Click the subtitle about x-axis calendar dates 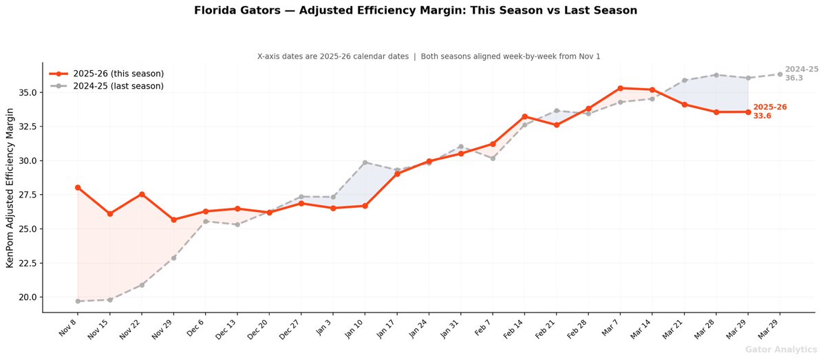point(429,56)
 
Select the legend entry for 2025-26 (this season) point(107,74)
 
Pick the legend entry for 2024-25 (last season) point(107,86)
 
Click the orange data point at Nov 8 point(78,187)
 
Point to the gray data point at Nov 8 point(78,301)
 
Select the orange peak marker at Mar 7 point(621,88)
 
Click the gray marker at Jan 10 point(365,162)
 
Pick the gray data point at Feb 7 point(493,158)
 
